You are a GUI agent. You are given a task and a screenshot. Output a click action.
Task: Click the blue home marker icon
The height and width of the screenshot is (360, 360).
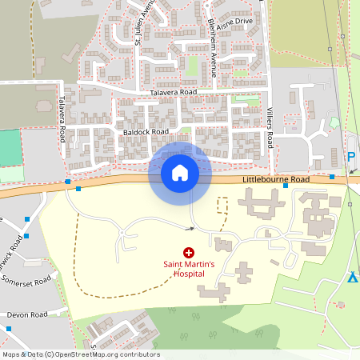(180, 173)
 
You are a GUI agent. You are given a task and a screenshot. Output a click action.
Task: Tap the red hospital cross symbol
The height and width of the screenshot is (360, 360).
(189, 252)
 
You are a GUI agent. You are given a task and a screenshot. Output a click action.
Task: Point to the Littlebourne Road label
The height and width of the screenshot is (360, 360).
(274, 181)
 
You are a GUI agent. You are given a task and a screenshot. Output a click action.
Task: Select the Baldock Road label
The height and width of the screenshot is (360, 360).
(146, 131)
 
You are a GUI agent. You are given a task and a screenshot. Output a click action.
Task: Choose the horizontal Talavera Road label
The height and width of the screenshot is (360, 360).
(173, 93)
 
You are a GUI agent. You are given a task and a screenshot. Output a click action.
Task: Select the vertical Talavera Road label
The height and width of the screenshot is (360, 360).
(61, 121)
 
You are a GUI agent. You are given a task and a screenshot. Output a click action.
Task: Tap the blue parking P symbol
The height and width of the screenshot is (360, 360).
(350, 158)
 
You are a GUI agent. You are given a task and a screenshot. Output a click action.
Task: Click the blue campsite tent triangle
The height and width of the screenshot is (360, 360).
(352, 277)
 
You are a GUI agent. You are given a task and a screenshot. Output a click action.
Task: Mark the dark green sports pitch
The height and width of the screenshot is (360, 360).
(9, 147)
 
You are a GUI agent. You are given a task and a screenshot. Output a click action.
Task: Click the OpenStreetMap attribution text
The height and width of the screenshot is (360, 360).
(80, 354)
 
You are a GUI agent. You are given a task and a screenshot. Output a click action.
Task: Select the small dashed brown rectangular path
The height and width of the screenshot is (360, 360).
(222, 205)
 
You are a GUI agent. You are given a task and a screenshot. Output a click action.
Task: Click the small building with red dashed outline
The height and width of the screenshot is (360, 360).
(341, 305)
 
